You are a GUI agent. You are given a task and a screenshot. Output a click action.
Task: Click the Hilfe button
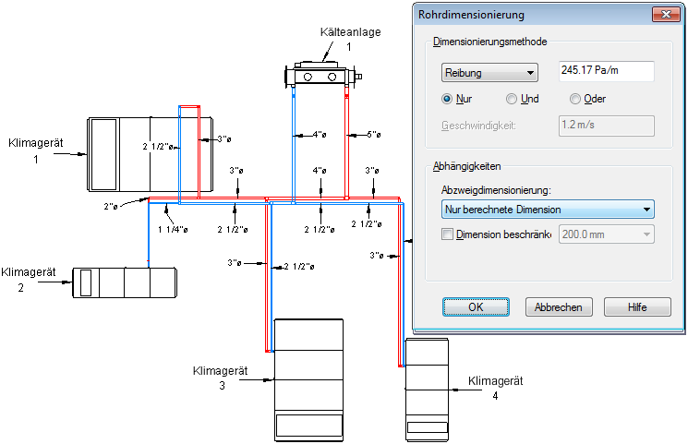[x=637, y=307]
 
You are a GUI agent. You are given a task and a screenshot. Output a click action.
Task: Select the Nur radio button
[x=448, y=99]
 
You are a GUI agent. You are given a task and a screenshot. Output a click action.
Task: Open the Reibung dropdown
[x=489, y=72]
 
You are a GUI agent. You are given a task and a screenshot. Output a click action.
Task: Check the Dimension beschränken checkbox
[x=449, y=235]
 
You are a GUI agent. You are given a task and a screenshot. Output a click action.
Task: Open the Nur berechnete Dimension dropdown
[x=548, y=210]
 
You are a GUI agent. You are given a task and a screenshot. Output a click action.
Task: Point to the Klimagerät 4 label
[x=496, y=388]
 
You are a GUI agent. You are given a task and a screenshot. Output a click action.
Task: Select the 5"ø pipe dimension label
[x=374, y=135]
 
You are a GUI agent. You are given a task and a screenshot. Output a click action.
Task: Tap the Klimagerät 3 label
[x=222, y=378]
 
